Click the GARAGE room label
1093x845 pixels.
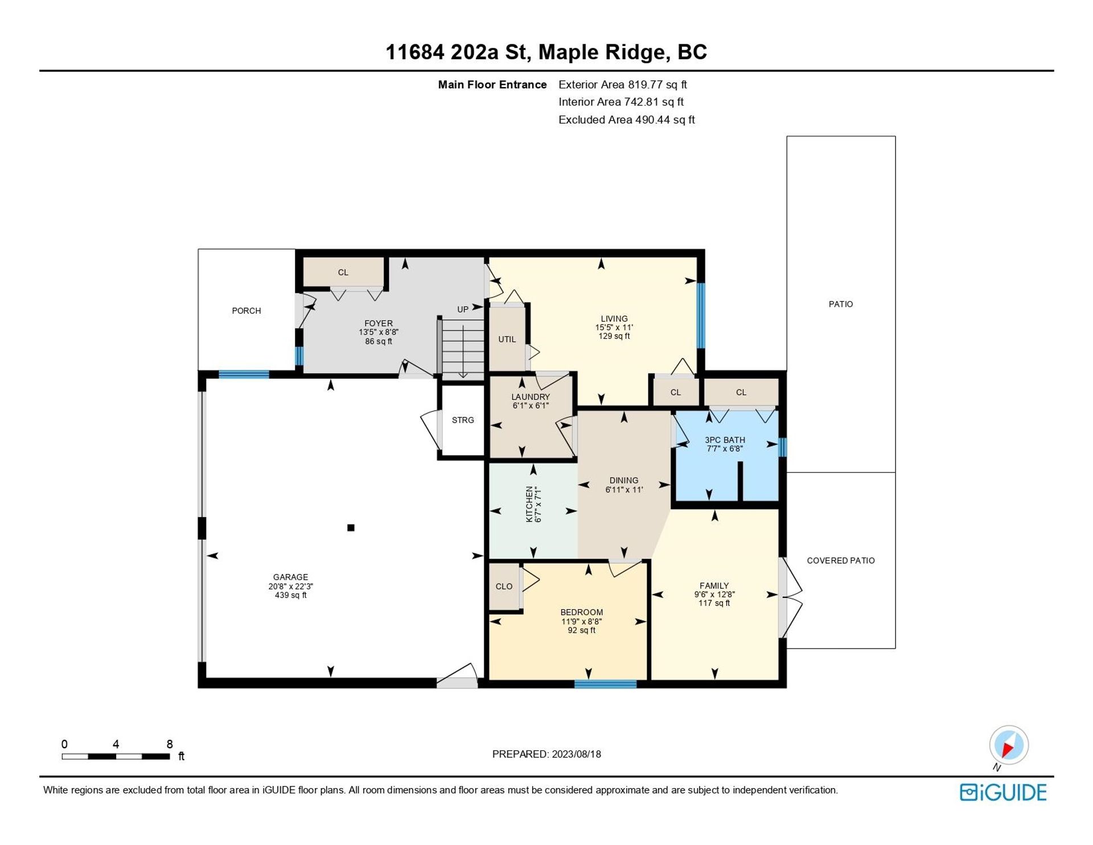[x=290, y=577]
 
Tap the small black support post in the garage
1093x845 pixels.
[x=351, y=528]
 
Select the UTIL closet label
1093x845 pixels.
[x=507, y=339]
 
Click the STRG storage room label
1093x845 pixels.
[x=463, y=420]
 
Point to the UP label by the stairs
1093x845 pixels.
[x=463, y=310]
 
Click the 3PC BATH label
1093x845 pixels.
[x=725, y=440]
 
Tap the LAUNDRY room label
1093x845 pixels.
[x=531, y=397]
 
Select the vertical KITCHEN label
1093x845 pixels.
[x=529, y=504]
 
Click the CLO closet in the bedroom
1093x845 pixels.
[x=504, y=586]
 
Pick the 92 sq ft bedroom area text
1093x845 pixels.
[x=581, y=630]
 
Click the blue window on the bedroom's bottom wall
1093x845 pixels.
[x=605, y=684]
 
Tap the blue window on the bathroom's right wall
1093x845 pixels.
[x=783, y=447]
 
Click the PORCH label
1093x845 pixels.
[x=246, y=311]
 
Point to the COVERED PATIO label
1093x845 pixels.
[x=841, y=561]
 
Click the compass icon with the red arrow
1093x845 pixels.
[x=1009, y=745]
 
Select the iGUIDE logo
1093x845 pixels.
[x=1003, y=793]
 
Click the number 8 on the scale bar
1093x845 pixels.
[x=170, y=744]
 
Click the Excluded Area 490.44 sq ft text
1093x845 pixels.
[x=627, y=120]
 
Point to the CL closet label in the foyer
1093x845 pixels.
[x=343, y=272]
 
